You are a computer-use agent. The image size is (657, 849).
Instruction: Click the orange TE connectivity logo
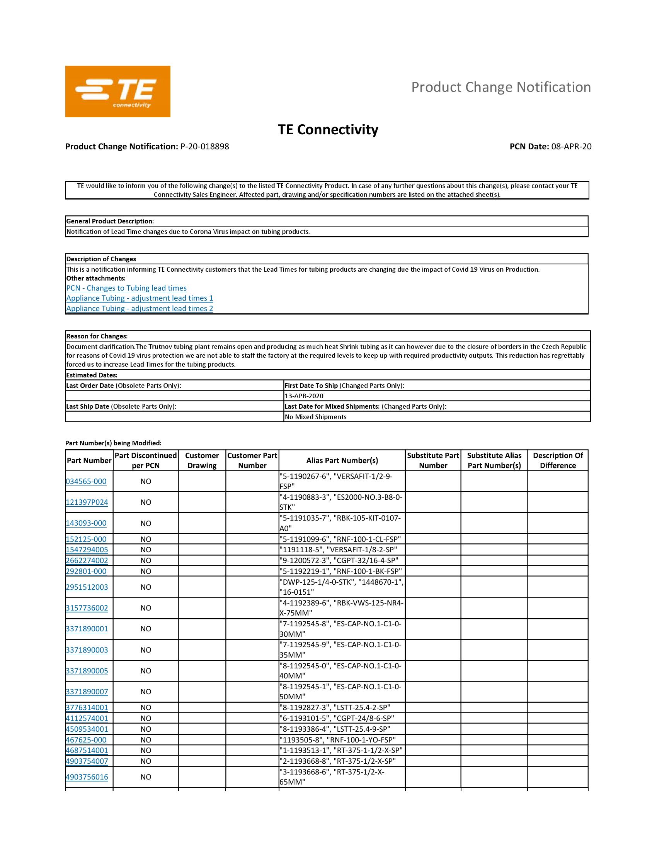pyautogui.click(x=117, y=91)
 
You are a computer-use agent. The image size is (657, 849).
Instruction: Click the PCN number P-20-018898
pyautogui.click(x=204, y=147)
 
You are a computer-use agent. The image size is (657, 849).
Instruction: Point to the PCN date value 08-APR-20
pyautogui.click(x=571, y=147)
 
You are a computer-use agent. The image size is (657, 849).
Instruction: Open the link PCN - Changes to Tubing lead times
pyautogui.click(x=126, y=288)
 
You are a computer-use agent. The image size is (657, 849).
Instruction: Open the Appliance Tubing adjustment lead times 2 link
pyautogui.click(x=140, y=308)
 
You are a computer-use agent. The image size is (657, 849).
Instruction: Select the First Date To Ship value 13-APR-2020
pyautogui.click(x=304, y=396)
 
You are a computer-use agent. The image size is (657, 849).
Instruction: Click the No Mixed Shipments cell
pyautogui.click(x=315, y=417)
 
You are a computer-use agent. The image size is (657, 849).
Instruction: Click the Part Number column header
pyautogui.click(x=89, y=460)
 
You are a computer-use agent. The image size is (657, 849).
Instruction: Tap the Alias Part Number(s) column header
pyautogui.click(x=342, y=460)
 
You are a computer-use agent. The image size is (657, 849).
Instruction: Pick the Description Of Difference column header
pyautogui.click(x=557, y=460)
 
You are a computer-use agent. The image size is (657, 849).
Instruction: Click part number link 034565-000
pyautogui.click(x=86, y=481)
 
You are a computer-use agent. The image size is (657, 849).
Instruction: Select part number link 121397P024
pyautogui.click(x=87, y=502)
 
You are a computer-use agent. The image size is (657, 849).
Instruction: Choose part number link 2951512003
pyautogui.click(x=87, y=587)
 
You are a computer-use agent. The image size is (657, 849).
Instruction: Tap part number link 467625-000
pyautogui.click(x=86, y=740)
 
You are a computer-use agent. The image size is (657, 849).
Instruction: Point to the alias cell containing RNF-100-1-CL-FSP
pyautogui.click(x=340, y=539)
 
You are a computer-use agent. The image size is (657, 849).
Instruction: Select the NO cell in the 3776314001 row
pyautogui.click(x=146, y=707)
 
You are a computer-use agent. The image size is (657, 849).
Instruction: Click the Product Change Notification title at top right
pyautogui.click(x=500, y=87)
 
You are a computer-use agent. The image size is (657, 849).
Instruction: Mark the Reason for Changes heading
pyautogui.click(x=97, y=336)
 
